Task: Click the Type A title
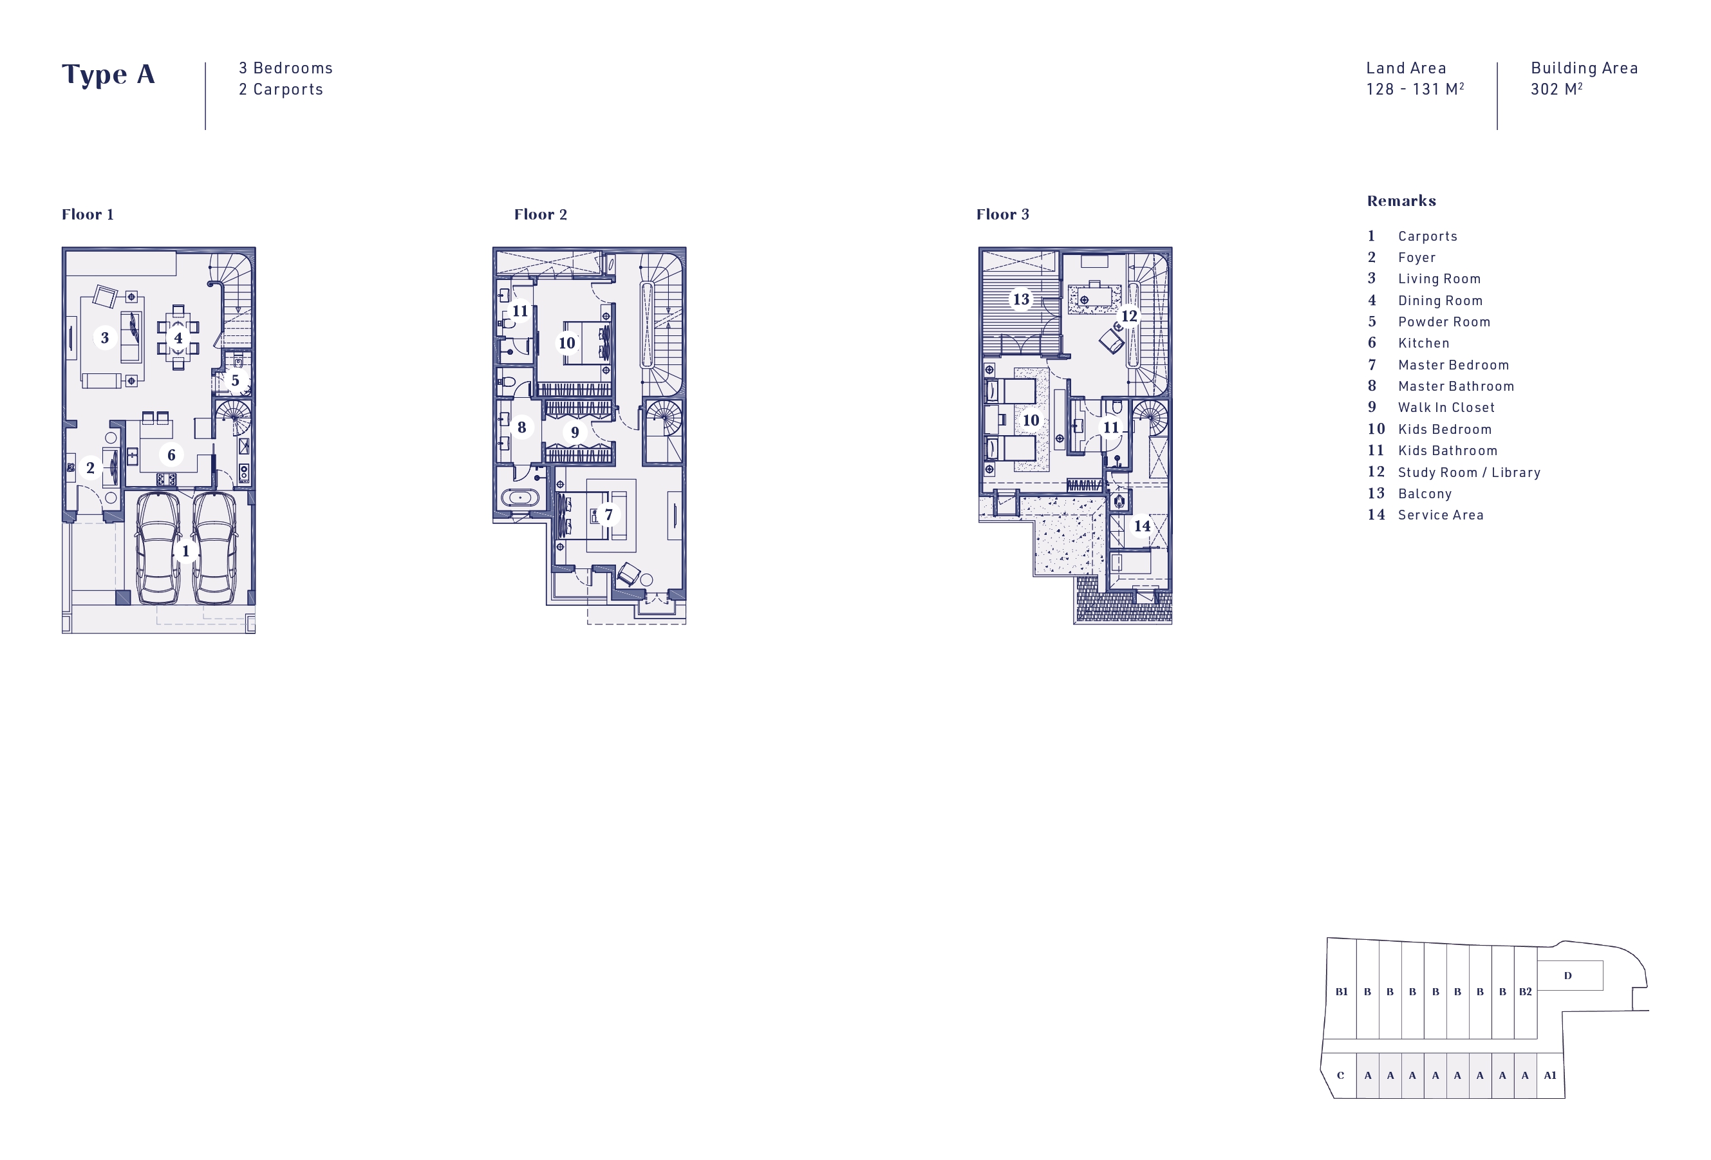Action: click(108, 74)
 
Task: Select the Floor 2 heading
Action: click(540, 214)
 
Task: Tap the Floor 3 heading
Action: click(1003, 214)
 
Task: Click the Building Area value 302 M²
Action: click(1557, 89)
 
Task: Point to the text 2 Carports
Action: click(281, 89)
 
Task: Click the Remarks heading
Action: click(1401, 201)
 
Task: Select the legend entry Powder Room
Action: click(1444, 322)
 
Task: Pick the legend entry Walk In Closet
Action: click(1446, 407)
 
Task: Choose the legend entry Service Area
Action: click(1441, 515)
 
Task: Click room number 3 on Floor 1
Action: click(104, 338)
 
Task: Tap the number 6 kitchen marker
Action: click(171, 455)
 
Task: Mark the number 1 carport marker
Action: click(185, 551)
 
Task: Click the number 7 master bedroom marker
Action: click(608, 514)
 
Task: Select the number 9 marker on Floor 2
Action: click(575, 432)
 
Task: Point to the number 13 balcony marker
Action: click(1020, 299)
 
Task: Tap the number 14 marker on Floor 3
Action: click(1142, 525)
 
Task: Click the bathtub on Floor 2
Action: click(519, 498)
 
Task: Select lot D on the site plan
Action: click(1567, 976)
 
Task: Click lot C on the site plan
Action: click(1340, 1076)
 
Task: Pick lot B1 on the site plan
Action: click(1342, 991)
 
